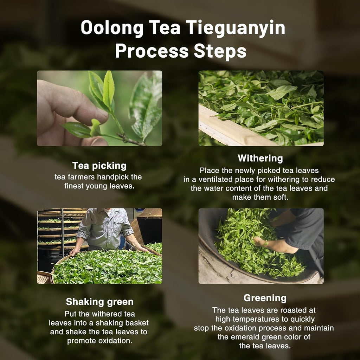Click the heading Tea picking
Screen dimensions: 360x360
pyautogui.click(x=99, y=166)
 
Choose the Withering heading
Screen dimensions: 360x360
pyautogui.click(x=260, y=158)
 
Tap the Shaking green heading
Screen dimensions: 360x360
pyautogui.click(x=100, y=302)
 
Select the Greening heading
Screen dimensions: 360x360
pyautogui.click(x=265, y=298)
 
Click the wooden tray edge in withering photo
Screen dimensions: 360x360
pyautogui.click(x=229, y=130)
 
